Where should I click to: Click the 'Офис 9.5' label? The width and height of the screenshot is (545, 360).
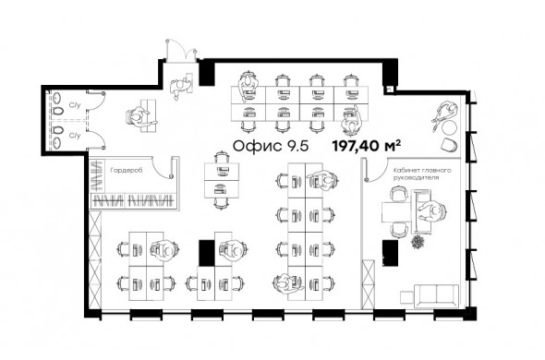(271, 146)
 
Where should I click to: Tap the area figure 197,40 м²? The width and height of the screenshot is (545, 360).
(367, 146)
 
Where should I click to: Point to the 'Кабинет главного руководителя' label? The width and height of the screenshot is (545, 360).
(422, 174)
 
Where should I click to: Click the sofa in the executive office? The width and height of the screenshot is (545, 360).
(437, 296)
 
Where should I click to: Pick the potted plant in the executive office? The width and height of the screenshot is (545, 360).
(418, 242)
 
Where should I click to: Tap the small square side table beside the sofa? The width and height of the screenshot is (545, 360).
(406, 297)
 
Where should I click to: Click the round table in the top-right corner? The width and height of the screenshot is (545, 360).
(450, 127)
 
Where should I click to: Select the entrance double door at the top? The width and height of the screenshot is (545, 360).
(181, 51)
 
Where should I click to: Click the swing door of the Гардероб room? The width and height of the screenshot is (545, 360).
(164, 167)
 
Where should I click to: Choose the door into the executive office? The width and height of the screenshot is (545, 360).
(377, 170)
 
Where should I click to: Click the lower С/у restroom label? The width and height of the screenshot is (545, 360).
(75, 135)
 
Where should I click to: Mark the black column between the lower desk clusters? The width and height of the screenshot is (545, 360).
(207, 253)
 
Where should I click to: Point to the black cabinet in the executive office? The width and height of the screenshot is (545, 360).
(391, 253)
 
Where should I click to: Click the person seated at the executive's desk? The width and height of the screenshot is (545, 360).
(432, 211)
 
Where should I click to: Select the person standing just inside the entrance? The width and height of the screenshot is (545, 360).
(179, 87)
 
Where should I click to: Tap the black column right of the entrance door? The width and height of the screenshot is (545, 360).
(207, 72)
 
